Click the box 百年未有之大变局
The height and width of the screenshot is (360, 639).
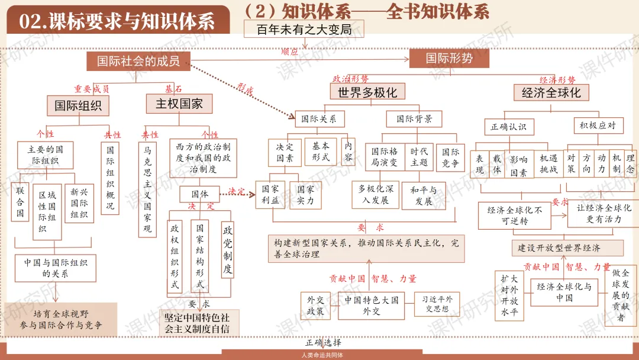click(x=304, y=29)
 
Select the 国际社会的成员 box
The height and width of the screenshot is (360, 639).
click(x=138, y=61)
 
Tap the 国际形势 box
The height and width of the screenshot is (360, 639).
click(x=449, y=58)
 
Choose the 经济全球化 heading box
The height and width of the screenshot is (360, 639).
click(x=551, y=92)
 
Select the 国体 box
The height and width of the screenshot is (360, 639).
click(x=200, y=194)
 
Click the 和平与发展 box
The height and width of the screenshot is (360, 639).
click(x=423, y=196)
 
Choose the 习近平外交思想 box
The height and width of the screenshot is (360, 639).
click(x=437, y=304)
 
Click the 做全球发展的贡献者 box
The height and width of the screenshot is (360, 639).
click(x=621, y=294)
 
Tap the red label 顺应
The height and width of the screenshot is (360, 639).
click(x=289, y=52)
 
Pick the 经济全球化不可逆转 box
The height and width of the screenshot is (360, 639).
click(x=515, y=215)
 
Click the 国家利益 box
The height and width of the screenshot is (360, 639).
click(x=270, y=195)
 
